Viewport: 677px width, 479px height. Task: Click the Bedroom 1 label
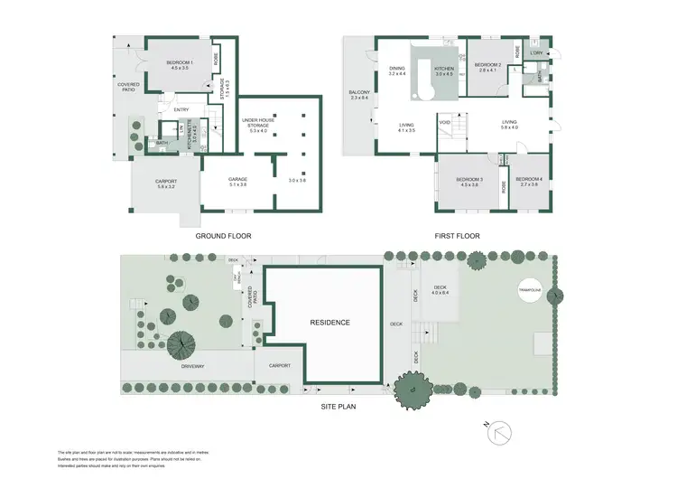[178, 63]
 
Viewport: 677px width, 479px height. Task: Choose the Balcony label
[359, 93]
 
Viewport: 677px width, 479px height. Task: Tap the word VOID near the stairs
[444, 123]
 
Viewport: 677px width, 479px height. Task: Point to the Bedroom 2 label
[487, 65]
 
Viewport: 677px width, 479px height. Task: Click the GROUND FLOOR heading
[223, 236]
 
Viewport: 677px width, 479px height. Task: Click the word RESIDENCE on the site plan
[329, 323]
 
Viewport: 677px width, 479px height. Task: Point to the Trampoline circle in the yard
[529, 290]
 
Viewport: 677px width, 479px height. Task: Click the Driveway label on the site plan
[193, 366]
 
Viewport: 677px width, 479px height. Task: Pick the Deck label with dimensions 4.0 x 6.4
[440, 290]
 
